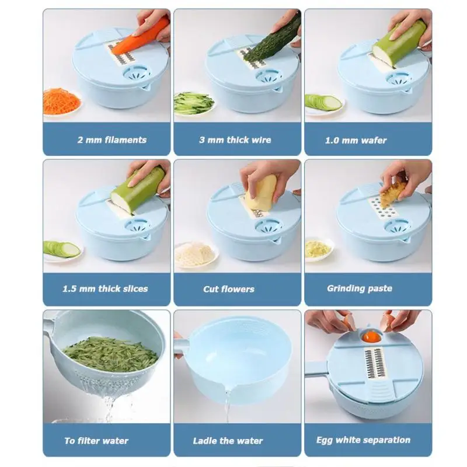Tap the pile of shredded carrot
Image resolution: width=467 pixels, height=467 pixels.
click(61, 100)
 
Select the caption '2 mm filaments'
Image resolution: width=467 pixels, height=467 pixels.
click(112, 140)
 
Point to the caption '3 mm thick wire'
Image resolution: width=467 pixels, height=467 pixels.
click(235, 140)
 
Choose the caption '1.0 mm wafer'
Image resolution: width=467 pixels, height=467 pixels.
click(356, 140)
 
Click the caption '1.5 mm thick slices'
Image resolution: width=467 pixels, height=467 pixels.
click(105, 288)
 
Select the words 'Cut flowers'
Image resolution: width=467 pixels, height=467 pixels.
click(229, 289)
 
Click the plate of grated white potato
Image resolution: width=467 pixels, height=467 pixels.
click(195, 254)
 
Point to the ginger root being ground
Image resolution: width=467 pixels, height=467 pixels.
click(392, 194)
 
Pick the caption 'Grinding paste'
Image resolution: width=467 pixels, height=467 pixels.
click(360, 288)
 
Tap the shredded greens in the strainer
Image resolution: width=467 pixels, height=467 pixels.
click(110, 354)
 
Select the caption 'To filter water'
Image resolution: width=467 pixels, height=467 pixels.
click(96, 441)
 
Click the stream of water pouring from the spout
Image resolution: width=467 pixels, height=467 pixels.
click(227, 405)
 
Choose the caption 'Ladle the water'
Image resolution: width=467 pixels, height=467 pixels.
click(228, 441)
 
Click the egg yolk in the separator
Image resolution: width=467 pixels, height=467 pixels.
click(372, 337)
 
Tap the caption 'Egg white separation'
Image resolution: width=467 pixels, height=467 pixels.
click(363, 440)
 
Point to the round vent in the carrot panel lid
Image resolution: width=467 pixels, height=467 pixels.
click(137, 73)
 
